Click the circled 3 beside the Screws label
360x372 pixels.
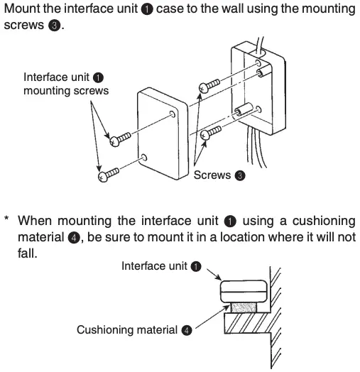[240, 176]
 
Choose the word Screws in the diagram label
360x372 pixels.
[212, 176]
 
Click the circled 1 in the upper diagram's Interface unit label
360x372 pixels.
[98, 77]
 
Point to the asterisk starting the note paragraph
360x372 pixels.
[6, 221]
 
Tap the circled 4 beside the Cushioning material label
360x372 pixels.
[186, 330]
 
